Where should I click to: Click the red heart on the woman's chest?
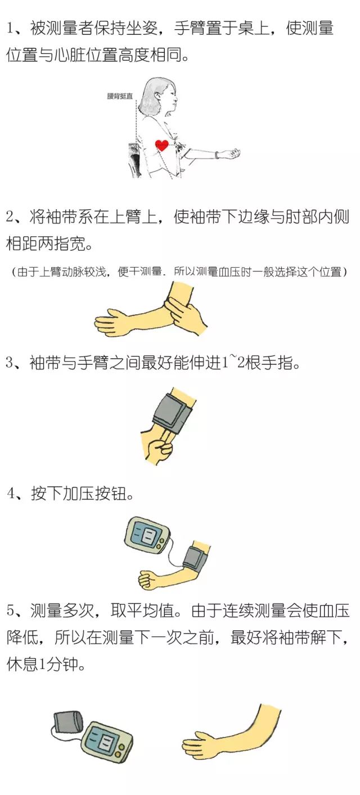click(162, 145)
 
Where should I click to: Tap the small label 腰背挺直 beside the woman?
click(120, 96)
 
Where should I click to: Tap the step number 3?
click(10, 363)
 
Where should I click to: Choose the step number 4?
click(11, 493)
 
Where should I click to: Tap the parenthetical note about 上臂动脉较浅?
click(179, 272)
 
